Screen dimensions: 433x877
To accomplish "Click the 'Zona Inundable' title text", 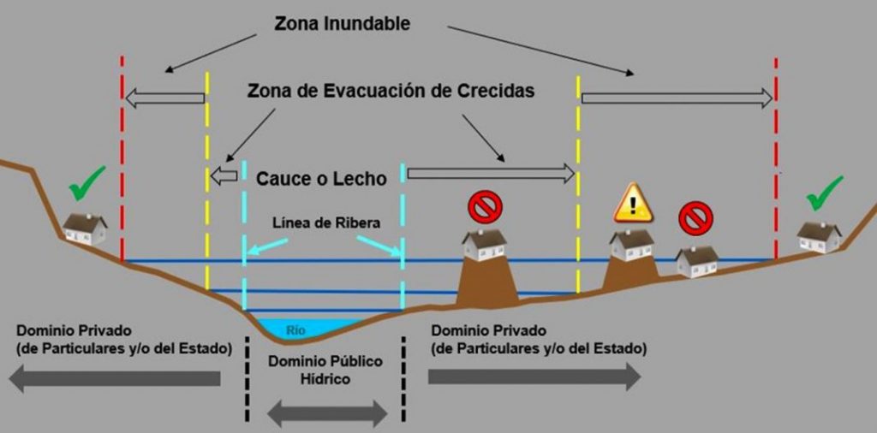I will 342,24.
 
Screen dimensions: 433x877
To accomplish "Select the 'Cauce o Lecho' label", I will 321,179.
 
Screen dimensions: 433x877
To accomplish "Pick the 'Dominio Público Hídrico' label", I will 325,370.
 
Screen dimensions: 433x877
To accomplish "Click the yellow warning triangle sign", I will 633,205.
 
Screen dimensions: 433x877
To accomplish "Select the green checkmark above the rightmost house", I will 824,192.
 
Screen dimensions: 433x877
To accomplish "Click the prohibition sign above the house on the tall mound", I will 485,205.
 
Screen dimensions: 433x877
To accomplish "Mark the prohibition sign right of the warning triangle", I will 695,217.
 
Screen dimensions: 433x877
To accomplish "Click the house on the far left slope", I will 85,228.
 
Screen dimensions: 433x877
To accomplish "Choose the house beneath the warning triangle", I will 632,244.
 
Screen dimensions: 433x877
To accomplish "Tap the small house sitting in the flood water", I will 696,260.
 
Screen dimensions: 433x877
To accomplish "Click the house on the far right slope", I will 819,236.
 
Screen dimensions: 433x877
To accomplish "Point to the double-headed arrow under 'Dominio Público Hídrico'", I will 327,414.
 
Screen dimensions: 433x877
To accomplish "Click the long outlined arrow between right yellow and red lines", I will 677,98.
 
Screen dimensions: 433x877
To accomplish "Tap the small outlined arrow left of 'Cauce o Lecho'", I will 225,176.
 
